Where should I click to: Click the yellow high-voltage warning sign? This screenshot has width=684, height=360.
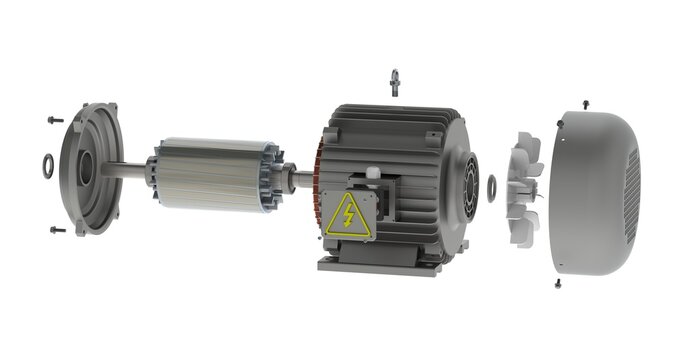(349, 214)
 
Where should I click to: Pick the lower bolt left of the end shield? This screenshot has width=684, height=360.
(56, 230)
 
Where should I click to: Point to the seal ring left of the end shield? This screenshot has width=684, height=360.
(48, 162)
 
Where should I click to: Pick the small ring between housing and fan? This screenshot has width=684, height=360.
(490, 184)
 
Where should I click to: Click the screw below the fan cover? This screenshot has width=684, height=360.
(558, 283)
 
